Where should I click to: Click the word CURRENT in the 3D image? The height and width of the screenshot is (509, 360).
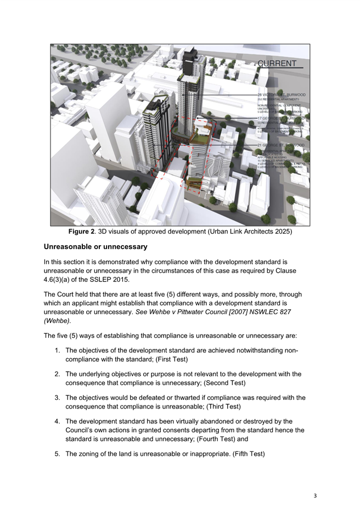coord(277,63)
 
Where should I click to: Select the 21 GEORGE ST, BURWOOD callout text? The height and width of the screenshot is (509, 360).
coord(282,145)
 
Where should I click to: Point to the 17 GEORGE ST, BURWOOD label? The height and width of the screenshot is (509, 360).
coord(282,118)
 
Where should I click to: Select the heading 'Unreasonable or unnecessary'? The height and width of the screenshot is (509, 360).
coord(95,247)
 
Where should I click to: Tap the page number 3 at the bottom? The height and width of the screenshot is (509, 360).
coord(315,496)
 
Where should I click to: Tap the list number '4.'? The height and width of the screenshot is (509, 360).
coord(58,421)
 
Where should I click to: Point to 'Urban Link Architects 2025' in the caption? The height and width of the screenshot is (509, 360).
coord(240,231)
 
